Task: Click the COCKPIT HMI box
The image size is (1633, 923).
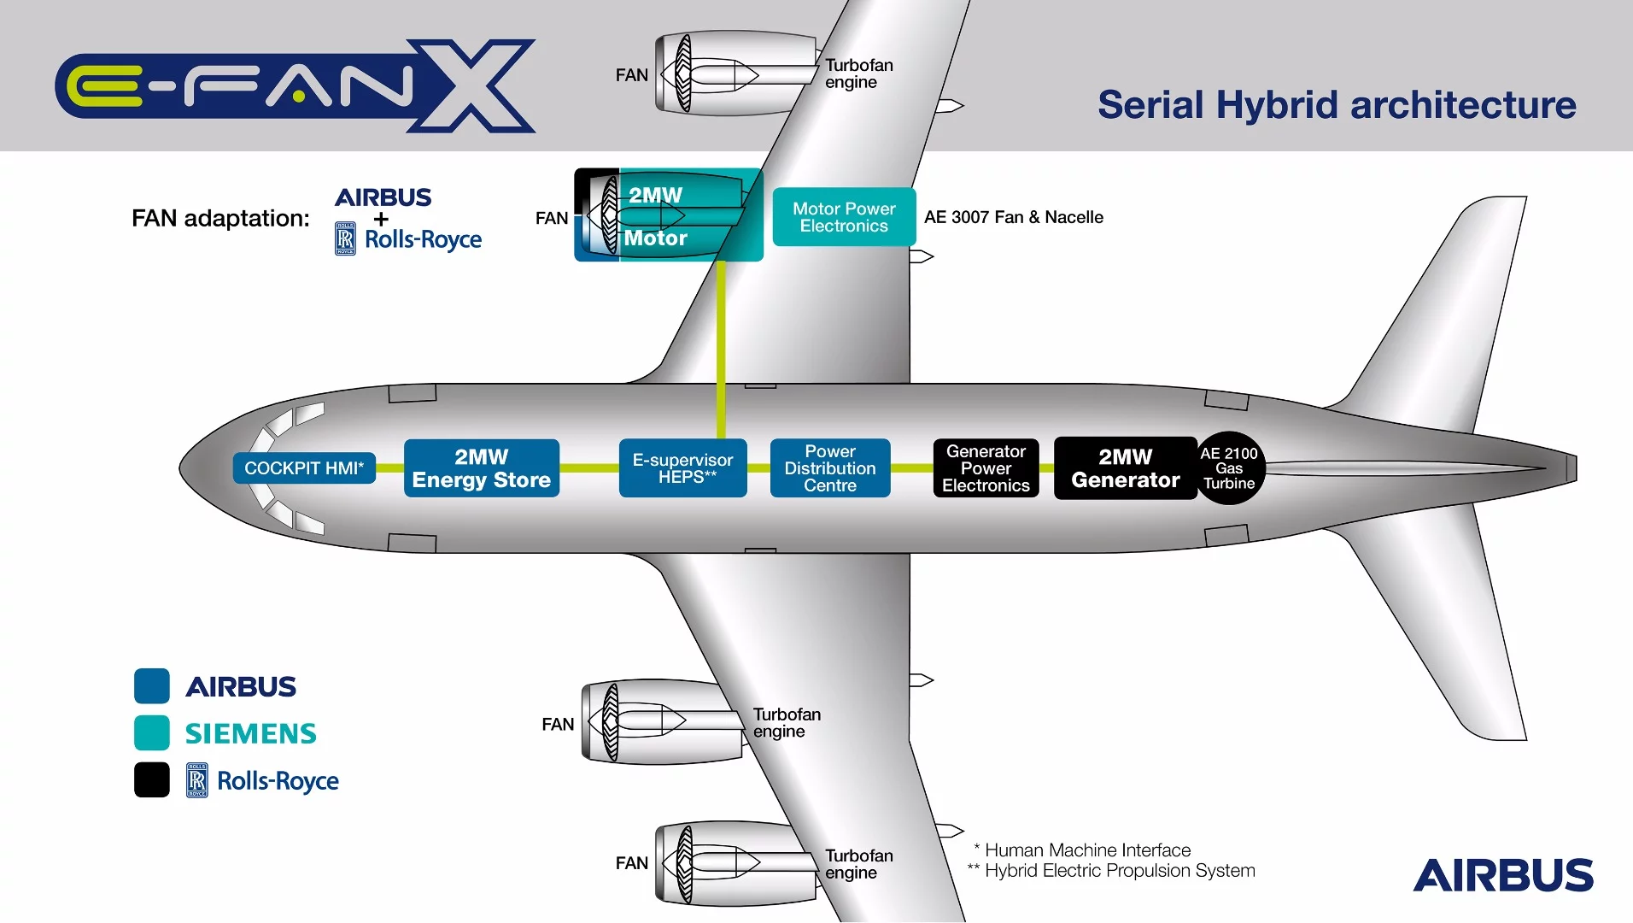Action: click(304, 468)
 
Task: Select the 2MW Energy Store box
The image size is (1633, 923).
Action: click(481, 468)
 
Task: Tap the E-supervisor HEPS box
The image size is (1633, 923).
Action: click(682, 468)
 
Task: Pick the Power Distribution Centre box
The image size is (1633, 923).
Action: click(830, 468)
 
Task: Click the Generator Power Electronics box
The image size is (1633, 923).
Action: click(986, 468)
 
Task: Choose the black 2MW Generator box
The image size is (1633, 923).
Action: click(1125, 468)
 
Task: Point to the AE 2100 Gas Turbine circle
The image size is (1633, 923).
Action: click(1229, 468)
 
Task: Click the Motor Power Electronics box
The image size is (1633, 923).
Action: click(844, 217)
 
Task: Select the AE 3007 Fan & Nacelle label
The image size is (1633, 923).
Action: click(1014, 217)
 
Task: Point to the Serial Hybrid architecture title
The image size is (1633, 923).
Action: click(1337, 105)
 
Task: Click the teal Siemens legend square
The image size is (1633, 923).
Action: click(152, 732)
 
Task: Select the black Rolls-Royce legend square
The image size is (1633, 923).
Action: click(152, 779)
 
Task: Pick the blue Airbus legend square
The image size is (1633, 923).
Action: click(152, 685)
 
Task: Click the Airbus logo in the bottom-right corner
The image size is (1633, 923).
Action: click(1503, 876)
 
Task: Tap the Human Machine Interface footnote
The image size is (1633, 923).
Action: click(1082, 850)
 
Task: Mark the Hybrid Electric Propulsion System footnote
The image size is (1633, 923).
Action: click(1111, 871)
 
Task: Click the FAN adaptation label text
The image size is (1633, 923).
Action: click(220, 219)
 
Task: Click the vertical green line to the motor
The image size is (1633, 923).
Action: click(722, 350)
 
